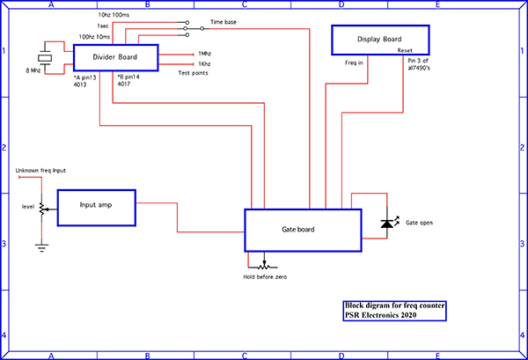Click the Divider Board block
114,58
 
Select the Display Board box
379,40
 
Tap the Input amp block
96,208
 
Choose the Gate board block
303,231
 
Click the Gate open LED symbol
385,224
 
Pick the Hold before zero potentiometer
264,264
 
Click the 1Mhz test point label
204,53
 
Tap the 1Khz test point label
204,64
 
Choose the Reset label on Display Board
406,51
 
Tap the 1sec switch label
103,26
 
